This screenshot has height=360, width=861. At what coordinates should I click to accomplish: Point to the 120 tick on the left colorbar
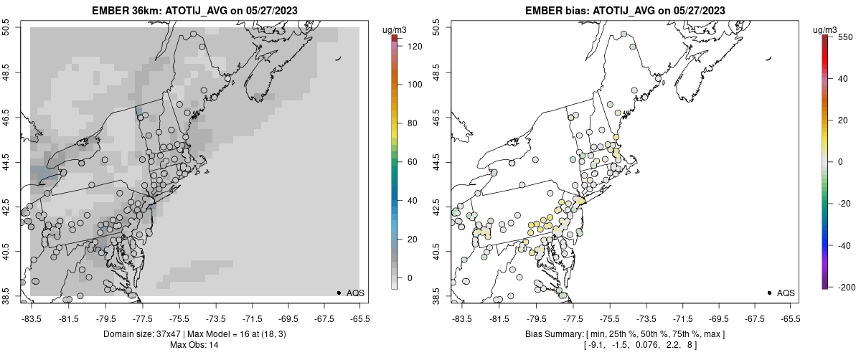pos(415,46)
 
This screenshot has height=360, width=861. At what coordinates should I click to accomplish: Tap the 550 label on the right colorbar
pos(844,37)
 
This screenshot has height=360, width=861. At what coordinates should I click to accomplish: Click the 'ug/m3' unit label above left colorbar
pos(395,29)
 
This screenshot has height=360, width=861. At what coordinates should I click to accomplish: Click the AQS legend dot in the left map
pos(339,293)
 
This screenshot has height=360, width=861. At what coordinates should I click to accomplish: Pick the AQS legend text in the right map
pos(786,293)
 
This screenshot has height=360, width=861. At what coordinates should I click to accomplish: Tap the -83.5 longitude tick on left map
pos(32,318)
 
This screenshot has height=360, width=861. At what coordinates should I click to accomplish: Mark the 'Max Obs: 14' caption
pos(194,345)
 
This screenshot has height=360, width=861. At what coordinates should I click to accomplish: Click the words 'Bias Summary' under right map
pos(552,334)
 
